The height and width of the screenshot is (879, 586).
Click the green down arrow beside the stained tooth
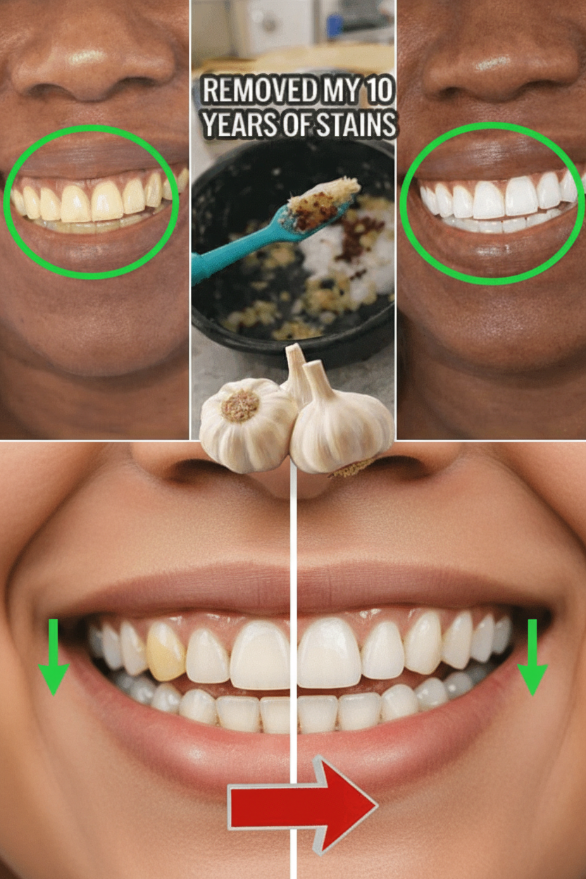[x=54, y=662]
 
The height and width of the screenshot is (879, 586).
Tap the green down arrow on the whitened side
[x=532, y=662]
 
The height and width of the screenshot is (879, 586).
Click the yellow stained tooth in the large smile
[x=166, y=652]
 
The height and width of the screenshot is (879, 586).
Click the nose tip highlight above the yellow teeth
[x=83, y=58]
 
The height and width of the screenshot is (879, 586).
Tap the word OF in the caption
[x=295, y=125]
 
